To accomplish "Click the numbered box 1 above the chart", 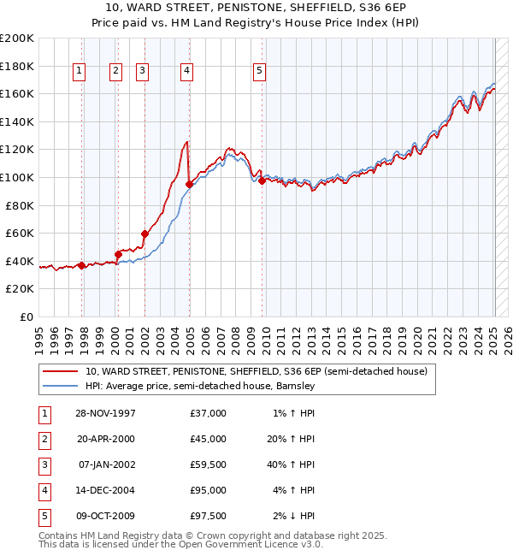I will pyautogui.click(x=79, y=72).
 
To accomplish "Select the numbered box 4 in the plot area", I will pyautogui.click(x=186, y=72).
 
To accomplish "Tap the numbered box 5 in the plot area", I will pyautogui.click(x=259, y=72).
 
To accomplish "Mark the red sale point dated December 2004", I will pyautogui.click(x=189, y=184).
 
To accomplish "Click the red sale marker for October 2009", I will pyautogui.click(x=262, y=180).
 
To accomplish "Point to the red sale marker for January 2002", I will pyautogui.click(x=144, y=234).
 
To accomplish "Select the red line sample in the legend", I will pyautogui.click(x=60, y=371).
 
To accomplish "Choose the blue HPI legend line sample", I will pyautogui.click(x=60, y=386).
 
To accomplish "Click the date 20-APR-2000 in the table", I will pyautogui.click(x=106, y=439).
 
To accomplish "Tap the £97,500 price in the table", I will pyautogui.click(x=209, y=516).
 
